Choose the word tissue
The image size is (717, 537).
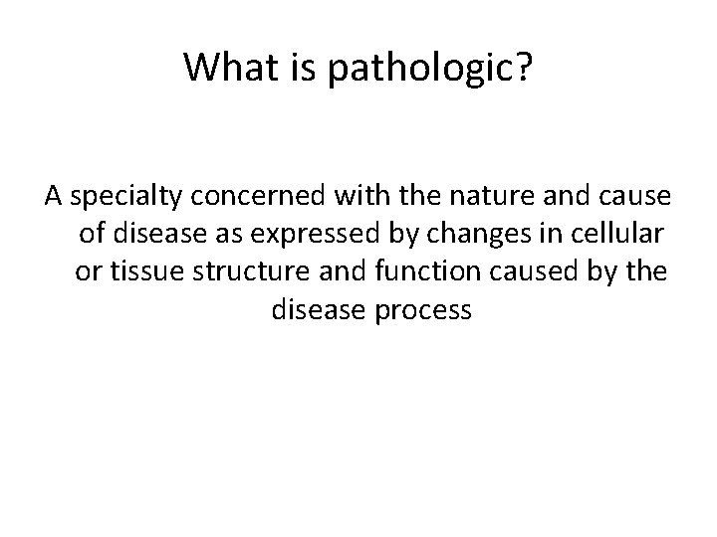[x=135, y=271]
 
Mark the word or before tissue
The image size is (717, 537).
[x=88, y=271]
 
